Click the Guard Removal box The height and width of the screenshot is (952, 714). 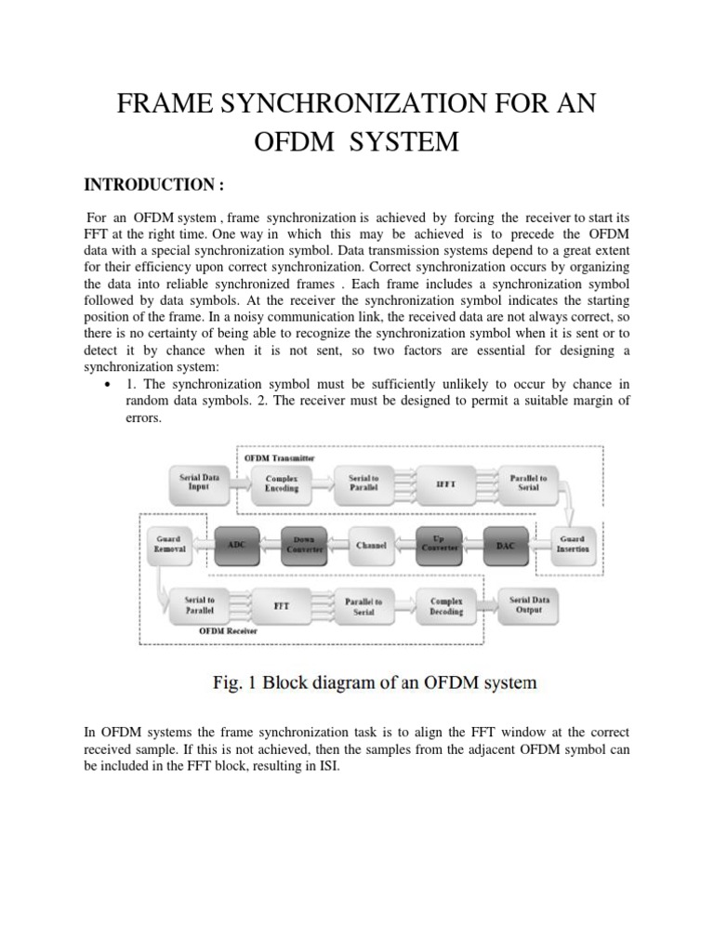click(168, 543)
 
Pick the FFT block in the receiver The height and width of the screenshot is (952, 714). click(282, 605)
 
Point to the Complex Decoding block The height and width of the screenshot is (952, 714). click(446, 605)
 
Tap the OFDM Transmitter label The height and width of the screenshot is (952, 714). click(278, 457)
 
